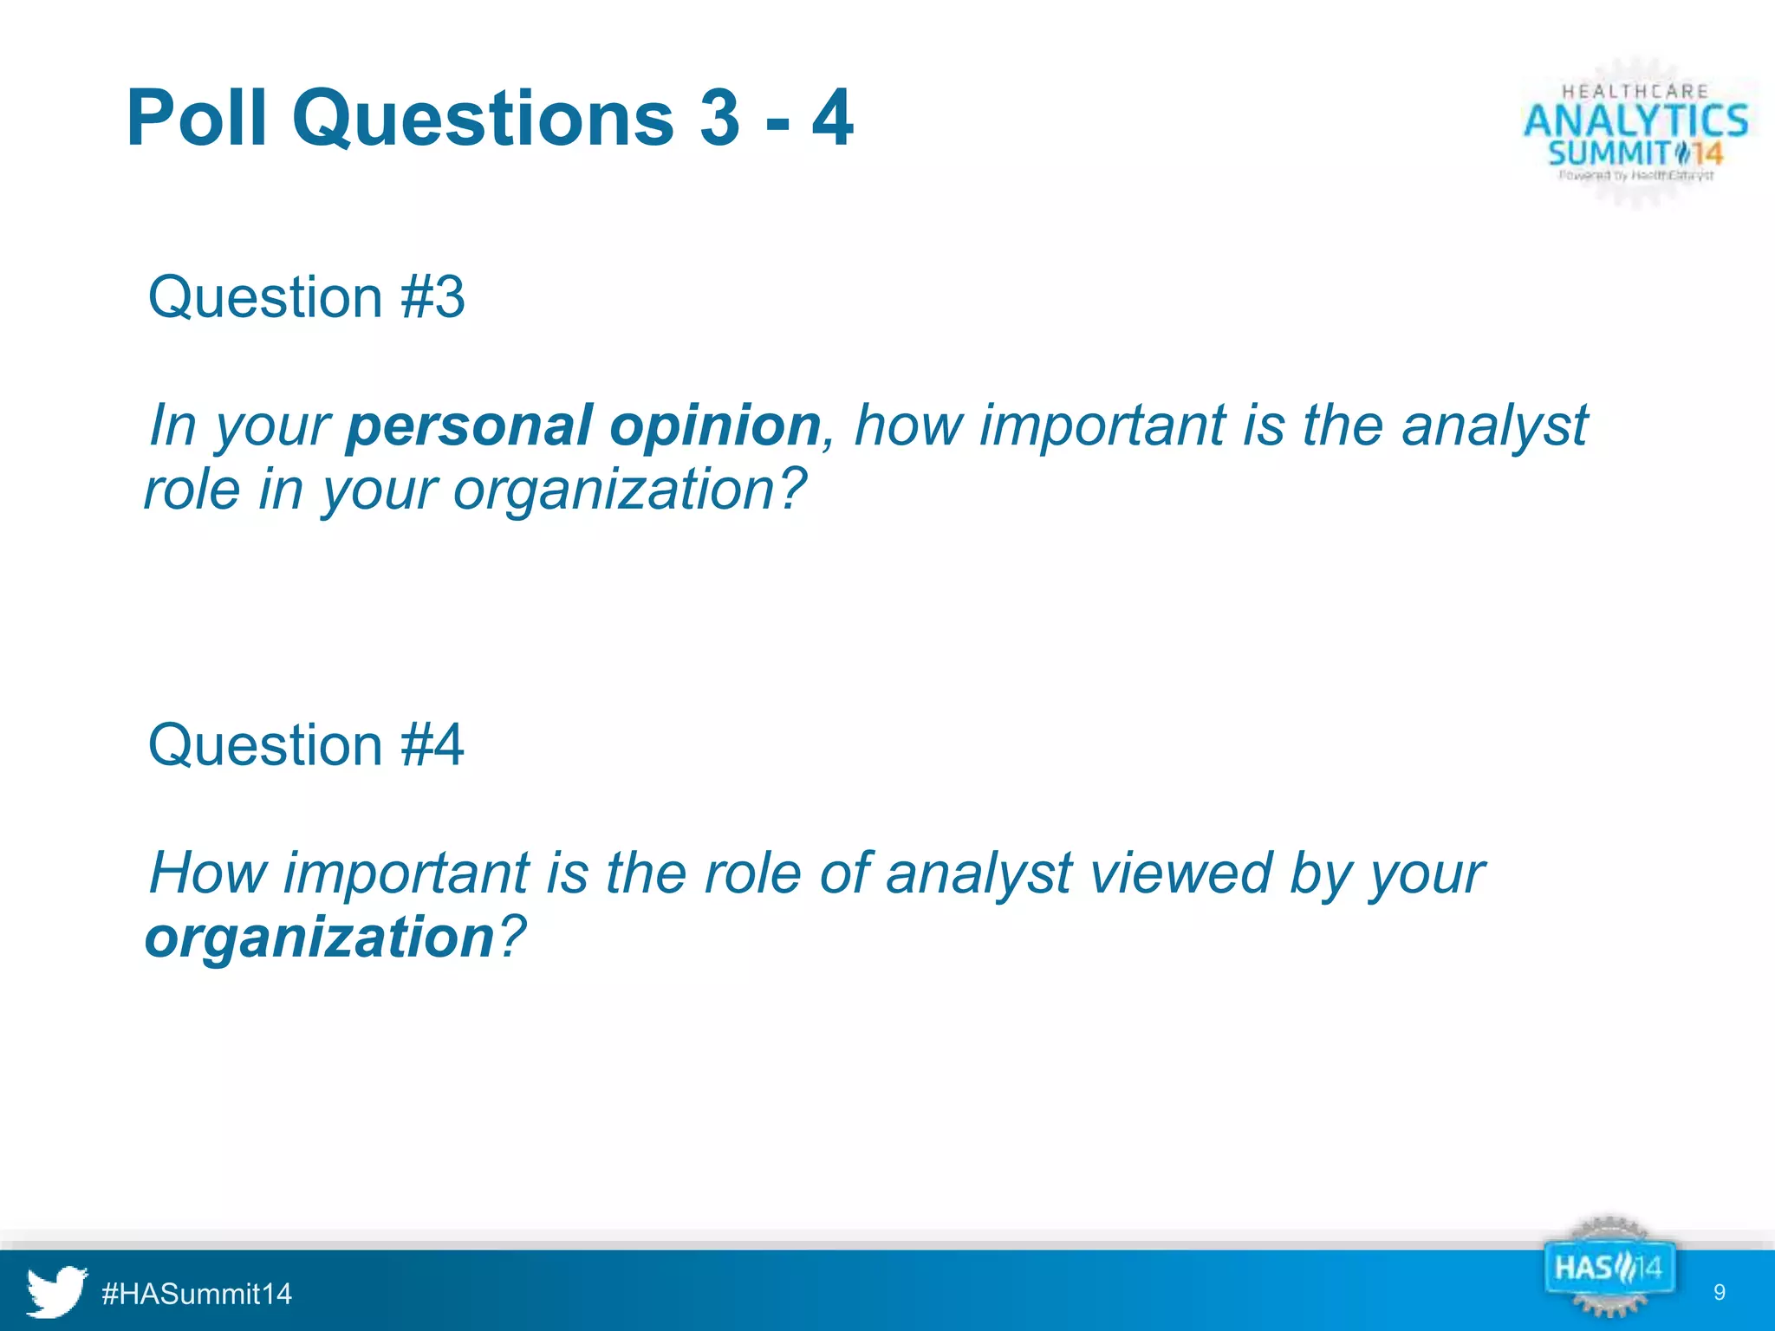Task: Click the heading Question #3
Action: coord(306,297)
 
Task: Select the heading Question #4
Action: coord(306,744)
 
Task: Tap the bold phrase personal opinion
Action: coord(583,425)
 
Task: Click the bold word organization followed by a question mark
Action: coord(319,937)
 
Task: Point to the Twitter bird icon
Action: coord(56,1292)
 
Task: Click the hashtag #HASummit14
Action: coord(197,1294)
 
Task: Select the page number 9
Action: coord(1720,1293)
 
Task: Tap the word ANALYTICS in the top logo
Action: coord(1635,120)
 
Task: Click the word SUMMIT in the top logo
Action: coord(1609,154)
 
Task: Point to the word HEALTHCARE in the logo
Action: coord(1635,91)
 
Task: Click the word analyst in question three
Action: coord(1495,425)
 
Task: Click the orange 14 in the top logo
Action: coord(1707,155)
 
